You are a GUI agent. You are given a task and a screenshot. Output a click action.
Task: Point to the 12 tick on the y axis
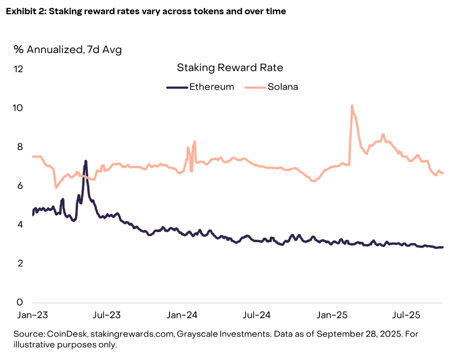click(x=18, y=69)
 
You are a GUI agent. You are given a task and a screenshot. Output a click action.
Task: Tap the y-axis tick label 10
click(x=18, y=108)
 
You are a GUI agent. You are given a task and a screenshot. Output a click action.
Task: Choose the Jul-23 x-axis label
click(x=107, y=315)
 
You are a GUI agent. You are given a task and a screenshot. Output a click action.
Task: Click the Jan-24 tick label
click(x=182, y=315)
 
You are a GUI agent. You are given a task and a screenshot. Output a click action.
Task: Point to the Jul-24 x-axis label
click(x=257, y=315)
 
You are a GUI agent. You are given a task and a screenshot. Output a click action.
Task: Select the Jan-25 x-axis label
click(x=332, y=315)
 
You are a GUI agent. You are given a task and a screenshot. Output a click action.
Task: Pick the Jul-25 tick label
click(x=406, y=315)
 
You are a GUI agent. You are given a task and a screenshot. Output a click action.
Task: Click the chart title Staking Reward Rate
click(x=230, y=68)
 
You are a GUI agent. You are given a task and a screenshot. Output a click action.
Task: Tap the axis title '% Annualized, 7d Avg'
click(x=68, y=49)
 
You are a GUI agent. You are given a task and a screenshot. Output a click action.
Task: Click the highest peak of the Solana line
click(x=352, y=106)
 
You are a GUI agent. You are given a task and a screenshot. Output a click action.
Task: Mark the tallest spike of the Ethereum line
click(x=85, y=161)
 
